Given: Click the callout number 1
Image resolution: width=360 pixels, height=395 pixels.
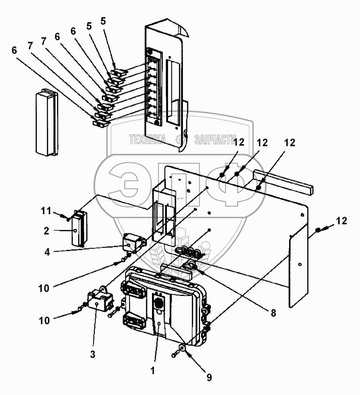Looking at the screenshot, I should (x=153, y=371).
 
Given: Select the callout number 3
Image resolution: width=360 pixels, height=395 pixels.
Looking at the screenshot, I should (x=93, y=353).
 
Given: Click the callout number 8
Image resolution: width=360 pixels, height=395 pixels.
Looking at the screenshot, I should (x=273, y=312).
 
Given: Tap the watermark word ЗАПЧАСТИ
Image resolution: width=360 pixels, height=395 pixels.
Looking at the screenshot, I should (x=214, y=139).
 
